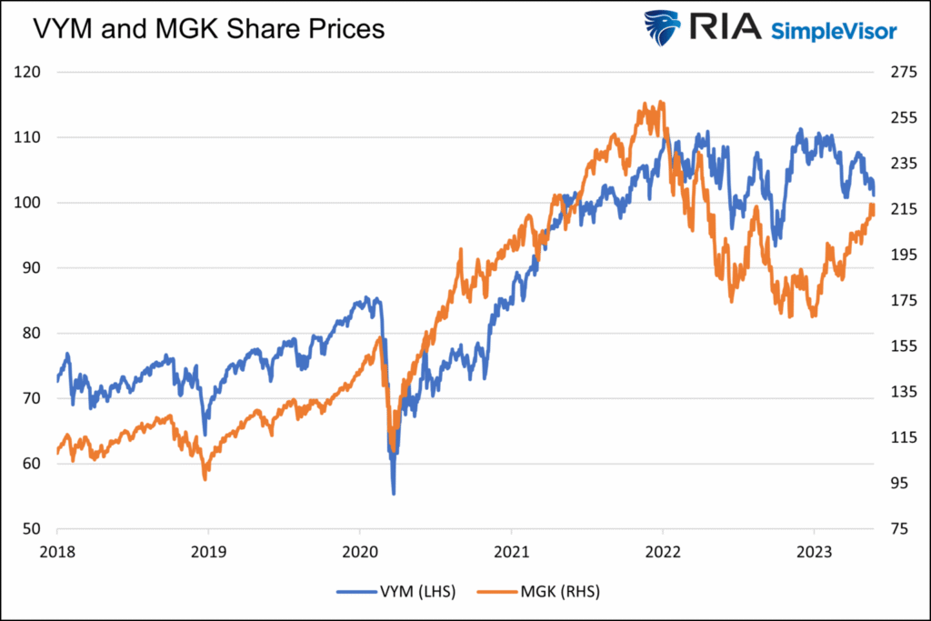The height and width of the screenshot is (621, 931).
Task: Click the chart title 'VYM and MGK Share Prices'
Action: [208, 29]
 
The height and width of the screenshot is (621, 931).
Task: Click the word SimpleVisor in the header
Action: [834, 31]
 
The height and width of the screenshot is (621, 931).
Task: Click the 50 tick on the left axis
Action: [33, 529]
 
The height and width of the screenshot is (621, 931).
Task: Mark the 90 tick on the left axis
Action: [33, 268]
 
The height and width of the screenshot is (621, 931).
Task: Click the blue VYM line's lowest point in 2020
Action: [393, 494]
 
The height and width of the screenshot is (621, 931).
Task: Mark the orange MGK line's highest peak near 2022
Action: [661, 102]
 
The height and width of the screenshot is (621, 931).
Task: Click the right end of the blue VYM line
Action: [874, 194]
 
